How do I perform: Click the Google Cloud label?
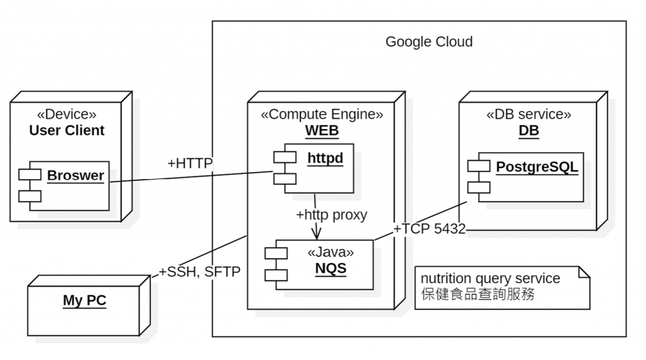[428, 42]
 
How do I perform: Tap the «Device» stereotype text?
[67, 114]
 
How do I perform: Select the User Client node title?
[67, 131]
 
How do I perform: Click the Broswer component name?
[75, 175]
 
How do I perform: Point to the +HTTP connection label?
[190, 163]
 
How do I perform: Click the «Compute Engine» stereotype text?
[322, 114]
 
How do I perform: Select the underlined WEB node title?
[322, 131]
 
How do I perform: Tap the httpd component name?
[326, 158]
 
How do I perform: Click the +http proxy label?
[331, 214]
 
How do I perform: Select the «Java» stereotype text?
[331, 252]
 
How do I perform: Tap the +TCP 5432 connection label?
[429, 229]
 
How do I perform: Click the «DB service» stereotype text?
[529, 114]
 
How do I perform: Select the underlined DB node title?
[529, 131]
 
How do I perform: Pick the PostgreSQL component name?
[537, 167]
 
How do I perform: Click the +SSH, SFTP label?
[199, 272]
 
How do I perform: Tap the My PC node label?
[85, 300]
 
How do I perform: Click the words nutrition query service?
[490, 278]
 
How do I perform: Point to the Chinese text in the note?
[478, 294]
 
